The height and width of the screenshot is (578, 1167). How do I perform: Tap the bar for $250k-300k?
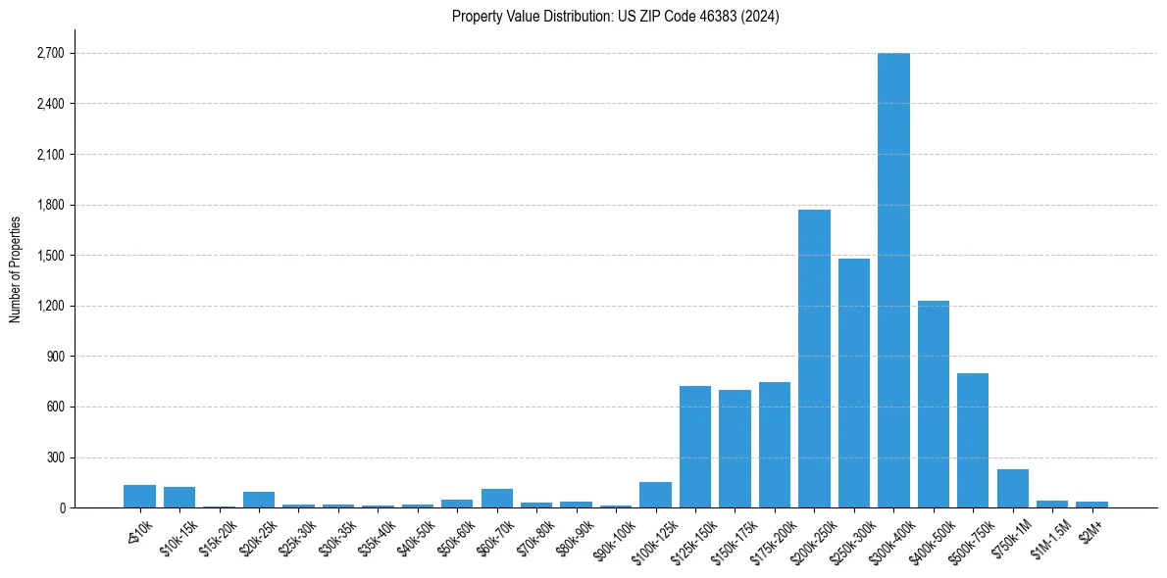point(854,383)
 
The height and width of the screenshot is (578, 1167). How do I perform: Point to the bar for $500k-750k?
point(973,440)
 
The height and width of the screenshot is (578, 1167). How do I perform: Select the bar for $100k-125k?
point(655,495)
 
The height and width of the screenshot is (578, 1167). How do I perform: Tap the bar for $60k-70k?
point(497,498)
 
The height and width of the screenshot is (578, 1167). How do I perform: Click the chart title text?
point(616,17)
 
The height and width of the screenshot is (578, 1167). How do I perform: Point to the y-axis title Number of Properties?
point(15,268)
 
